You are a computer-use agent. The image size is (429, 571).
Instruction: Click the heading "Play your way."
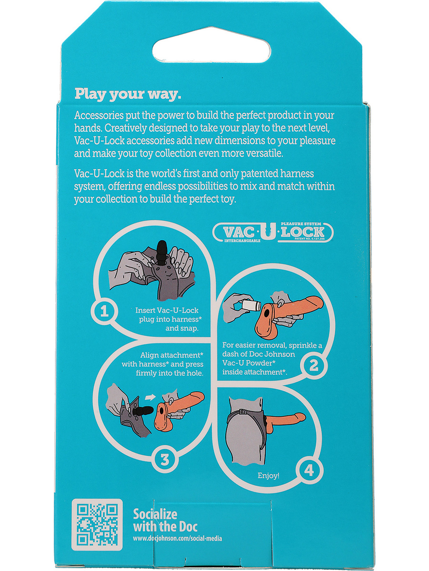coord(128,94)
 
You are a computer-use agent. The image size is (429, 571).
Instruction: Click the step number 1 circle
coord(104,311)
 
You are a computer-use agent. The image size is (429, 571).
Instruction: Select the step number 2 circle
coord(314,365)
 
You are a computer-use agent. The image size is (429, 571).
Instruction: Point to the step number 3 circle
coord(165,460)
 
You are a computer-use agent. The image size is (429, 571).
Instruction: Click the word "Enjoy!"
coord(269,475)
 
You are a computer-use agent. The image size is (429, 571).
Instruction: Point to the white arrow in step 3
coord(150,397)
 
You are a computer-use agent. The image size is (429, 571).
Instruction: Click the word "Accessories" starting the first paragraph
coord(99,115)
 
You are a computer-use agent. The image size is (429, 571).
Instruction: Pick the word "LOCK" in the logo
coord(303,232)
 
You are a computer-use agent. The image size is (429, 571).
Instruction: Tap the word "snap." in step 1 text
coord(182,328)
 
